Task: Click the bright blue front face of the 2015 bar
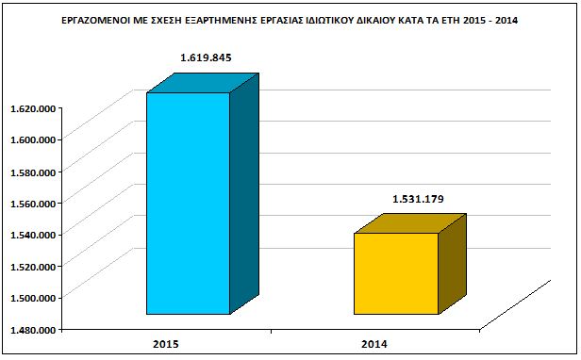click(x=189, y=204)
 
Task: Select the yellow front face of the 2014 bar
click(x=396, y=273)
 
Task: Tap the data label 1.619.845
click(x=206, y=57)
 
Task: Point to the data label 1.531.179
click(x=418, y=199)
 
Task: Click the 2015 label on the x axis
click(x=166, y=344)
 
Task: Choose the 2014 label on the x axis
click(x=374, y=344)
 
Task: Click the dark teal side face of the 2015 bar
click(x=244, y=194)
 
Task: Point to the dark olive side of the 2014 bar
click(x=453, y=264)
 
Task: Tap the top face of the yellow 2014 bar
click(x=410, y=223)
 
